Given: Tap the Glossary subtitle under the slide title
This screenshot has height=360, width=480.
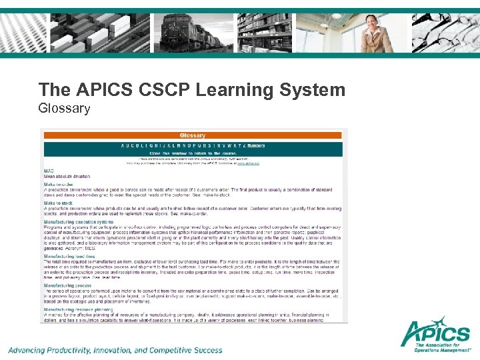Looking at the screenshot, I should [x=64, y=108].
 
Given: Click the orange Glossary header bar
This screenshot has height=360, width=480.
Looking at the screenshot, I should [x=193, y=135].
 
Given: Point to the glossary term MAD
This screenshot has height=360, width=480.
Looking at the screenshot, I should [x=49, y=171].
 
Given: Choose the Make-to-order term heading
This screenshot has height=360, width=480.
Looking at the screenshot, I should [x=59, y=184].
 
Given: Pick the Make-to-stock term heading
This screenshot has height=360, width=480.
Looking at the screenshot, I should [x=59, y=203].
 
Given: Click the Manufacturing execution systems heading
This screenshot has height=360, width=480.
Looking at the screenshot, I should [x=79, y=221].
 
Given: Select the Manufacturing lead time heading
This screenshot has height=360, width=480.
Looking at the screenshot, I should [x=70, y=255].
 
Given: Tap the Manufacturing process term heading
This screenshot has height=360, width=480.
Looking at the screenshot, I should [x=67, y=285].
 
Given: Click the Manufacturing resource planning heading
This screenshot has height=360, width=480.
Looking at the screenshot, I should [x=78, y=309].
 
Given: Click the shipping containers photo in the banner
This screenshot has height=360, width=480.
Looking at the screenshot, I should [x=93, y=33].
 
